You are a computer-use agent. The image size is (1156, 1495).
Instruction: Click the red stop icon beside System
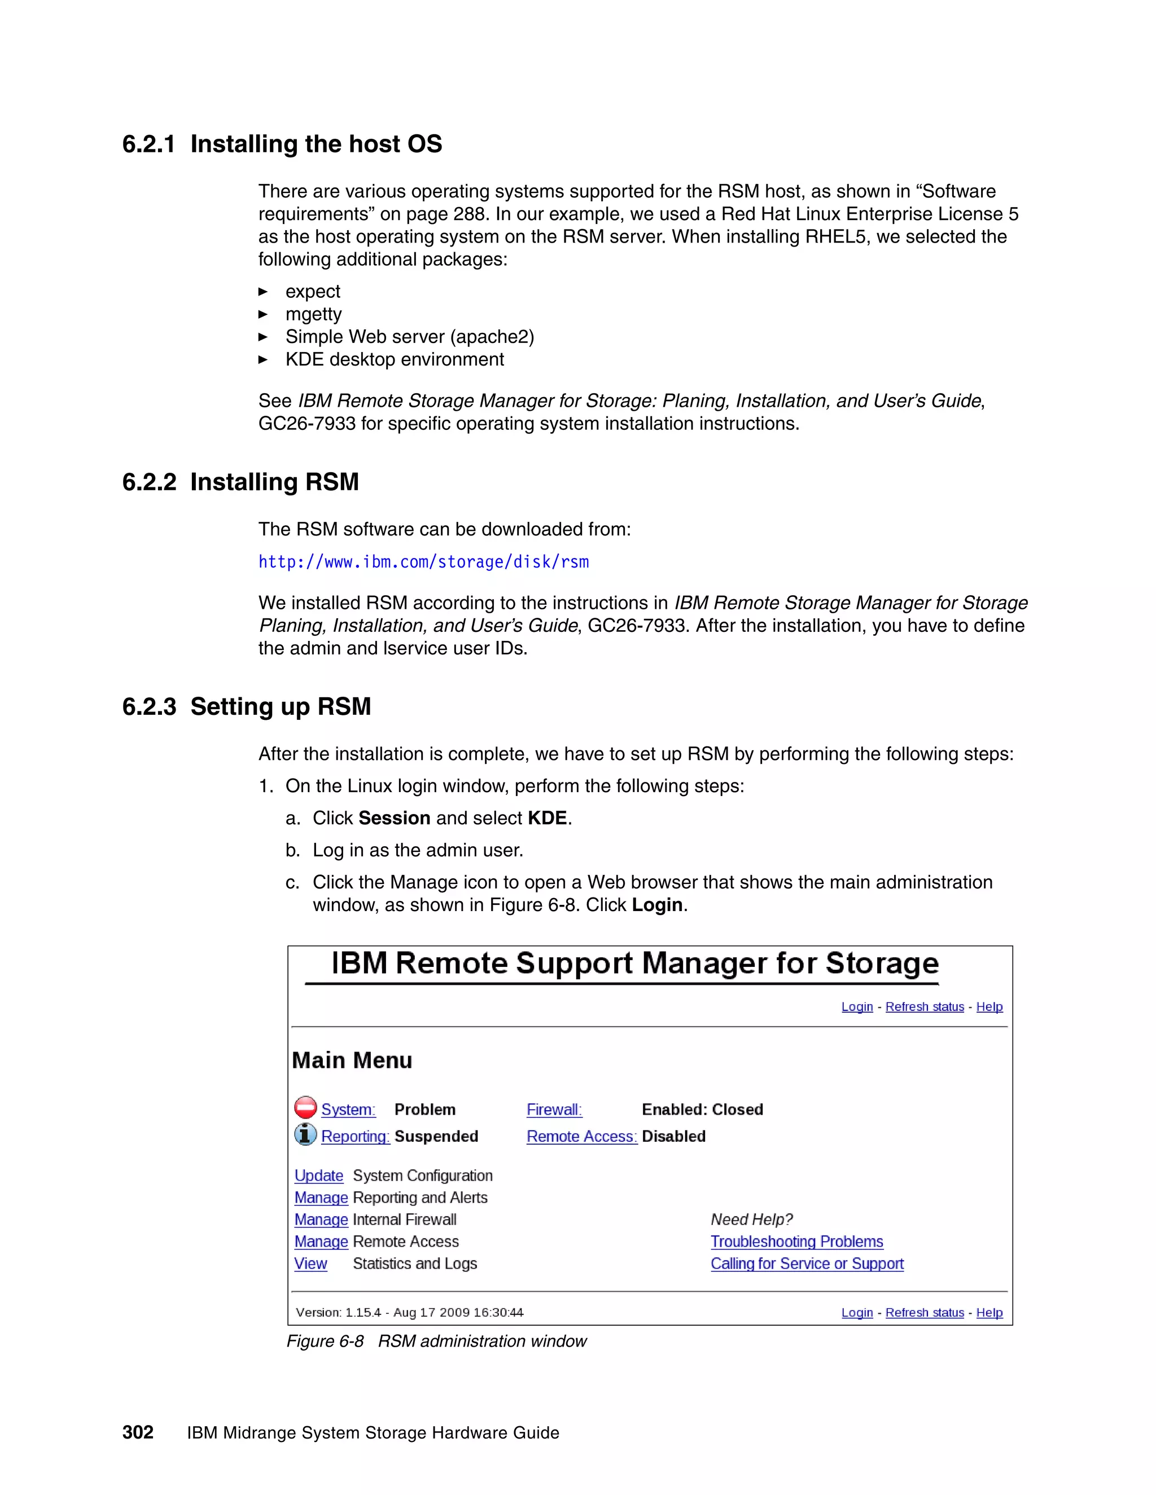pos(305,1107)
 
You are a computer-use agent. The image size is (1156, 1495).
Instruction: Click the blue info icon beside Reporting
pos(305,1135)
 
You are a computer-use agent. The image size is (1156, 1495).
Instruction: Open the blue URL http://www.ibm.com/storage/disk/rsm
pos(423,562)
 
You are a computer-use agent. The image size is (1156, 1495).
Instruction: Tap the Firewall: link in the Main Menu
pos(554,1110)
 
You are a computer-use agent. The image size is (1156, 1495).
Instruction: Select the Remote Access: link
pos(581,1136)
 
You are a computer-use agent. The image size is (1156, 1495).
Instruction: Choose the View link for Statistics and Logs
pos(310,1264)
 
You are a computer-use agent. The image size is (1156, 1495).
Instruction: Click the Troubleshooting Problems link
pos(796,1242)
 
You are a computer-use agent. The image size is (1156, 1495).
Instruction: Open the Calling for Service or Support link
pos(807,1264)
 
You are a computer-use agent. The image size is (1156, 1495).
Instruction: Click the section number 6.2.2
pos(149,482)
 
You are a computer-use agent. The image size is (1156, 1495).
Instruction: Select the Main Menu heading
pos(352,1061)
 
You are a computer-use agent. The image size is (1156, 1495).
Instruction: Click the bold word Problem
pos(424,1110)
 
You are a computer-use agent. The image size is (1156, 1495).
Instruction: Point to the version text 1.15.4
pos(363,1312)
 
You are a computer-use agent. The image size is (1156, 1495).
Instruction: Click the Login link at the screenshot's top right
pos(857,1006)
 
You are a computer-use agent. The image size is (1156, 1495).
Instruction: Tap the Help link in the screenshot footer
pos(989,1312)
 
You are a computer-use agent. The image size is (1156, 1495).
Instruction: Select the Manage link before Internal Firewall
pos(321,1220)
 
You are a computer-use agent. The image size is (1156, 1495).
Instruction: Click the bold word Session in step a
pos(395,818)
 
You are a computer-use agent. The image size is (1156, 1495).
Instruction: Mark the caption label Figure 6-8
pos(325,1341)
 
